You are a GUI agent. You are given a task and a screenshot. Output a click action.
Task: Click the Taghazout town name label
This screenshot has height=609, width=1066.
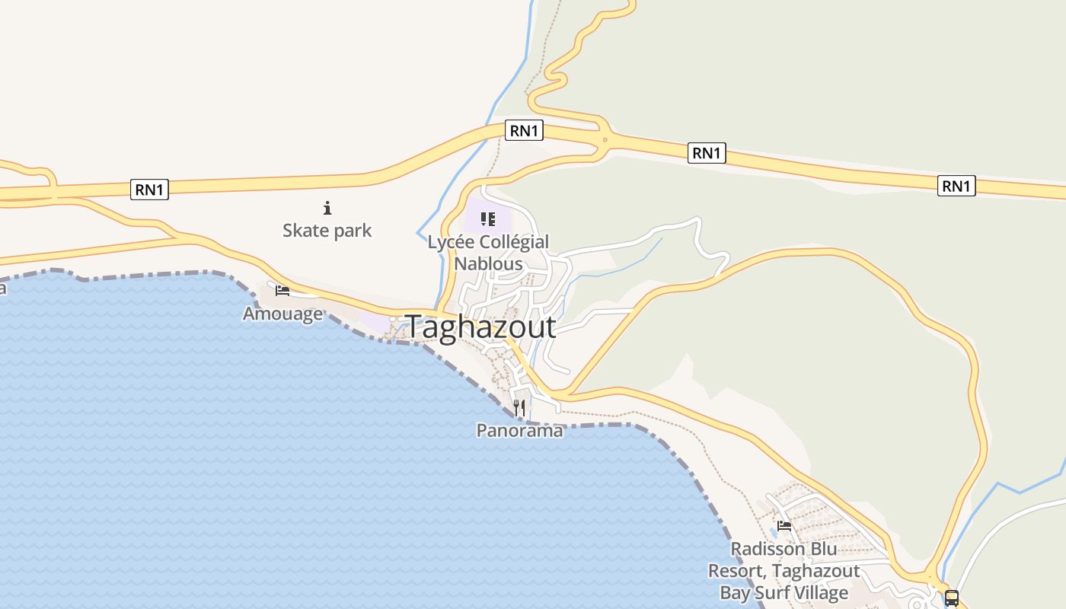tap(480, 327)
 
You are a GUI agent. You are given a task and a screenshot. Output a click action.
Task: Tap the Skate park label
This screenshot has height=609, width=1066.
tap(327, 230)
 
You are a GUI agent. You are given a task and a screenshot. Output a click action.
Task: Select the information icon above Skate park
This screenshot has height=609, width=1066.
tap(327, 207)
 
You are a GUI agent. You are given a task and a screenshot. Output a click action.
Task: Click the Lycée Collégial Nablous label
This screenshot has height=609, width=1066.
tap(488, 253)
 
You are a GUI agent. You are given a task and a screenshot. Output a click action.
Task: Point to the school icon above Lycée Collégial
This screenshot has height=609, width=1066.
tap(488, 220)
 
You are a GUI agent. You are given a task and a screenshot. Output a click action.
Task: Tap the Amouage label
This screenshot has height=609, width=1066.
tap(282, 314)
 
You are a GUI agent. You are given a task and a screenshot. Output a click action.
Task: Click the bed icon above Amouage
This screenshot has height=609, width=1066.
tap(282, 290)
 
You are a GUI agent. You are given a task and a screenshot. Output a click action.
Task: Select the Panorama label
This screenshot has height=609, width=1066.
tap(519, 430)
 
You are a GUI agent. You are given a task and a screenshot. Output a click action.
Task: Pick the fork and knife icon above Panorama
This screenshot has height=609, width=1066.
tap(519, 408)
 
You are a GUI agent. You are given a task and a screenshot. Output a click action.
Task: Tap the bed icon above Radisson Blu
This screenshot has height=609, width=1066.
tap(784, 525)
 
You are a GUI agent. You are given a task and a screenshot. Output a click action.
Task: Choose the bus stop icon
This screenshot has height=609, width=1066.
tap(951, 598)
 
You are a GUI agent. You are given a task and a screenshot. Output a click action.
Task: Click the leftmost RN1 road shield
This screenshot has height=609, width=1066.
tap(149, 190)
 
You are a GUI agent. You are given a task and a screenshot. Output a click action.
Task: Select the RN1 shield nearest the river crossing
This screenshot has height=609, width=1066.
tap(524, 131)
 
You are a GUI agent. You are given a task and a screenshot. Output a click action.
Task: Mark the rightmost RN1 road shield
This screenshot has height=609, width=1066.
tap(956, 186)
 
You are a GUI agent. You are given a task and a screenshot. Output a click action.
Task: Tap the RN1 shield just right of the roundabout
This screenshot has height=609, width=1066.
tap(706, 153)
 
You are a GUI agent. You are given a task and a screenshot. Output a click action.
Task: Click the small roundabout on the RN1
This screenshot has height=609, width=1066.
tap(605, 139)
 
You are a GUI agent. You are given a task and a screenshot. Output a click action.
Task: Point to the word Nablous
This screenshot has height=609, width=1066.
tap(488, 264)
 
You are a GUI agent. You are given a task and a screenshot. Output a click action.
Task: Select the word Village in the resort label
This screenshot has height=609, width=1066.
tap(817, 592)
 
